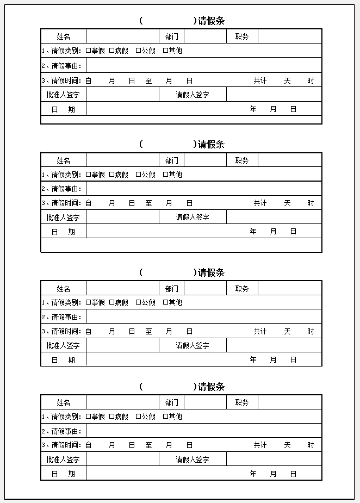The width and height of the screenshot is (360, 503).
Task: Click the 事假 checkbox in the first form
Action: (x=88, y=51)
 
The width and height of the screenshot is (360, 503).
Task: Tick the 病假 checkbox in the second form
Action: (x=111, y=175)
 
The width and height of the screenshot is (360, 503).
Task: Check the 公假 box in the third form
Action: (x=138, y=302)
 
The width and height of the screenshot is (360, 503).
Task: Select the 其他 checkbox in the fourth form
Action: (x=165, y=417)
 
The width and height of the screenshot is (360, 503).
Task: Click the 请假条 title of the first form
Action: (x=211, y=21)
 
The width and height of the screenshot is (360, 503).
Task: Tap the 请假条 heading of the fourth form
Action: (x=211, y=387)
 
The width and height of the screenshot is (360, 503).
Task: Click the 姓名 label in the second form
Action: (x=64, y=160)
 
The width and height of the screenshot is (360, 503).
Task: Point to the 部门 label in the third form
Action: (x=172, y=289)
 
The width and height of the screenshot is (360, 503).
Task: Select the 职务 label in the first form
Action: (x=242, y=36)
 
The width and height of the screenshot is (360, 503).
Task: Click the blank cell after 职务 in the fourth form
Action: (x=289, y=402)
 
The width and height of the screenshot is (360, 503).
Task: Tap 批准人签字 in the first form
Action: (x=63, y=95)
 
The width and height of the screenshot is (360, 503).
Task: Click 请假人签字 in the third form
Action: (x=193, y=345)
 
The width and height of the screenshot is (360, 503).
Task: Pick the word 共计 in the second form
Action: (x=260, y=203)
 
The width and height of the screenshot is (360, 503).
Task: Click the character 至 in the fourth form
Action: (x=148, y=445)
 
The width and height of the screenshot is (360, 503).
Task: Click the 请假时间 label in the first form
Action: (x=66, y=80)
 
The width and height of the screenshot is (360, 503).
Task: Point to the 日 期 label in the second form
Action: (x=63, y=232)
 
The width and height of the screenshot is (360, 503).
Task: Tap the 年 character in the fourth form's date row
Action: (x=253, y=474)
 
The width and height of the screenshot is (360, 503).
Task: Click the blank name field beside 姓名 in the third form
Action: (x=122, y=289)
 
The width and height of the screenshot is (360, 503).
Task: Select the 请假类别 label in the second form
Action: (x=66, y=175)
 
